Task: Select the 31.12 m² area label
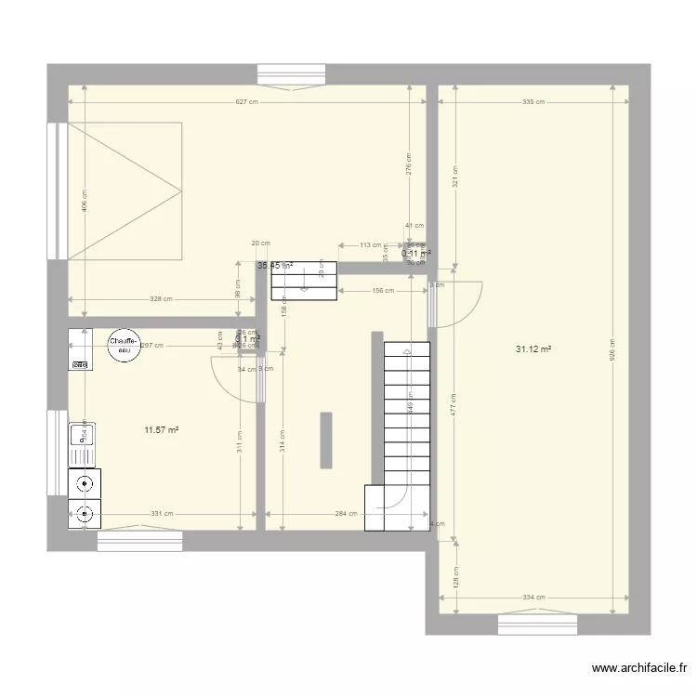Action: (533, 349)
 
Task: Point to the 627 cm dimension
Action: (247, 102)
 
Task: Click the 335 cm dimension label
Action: (533, 102)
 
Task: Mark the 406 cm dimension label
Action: (84, 201)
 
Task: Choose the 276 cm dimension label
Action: (410, 164)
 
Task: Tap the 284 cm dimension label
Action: (347, 513)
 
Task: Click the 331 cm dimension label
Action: (162, 513)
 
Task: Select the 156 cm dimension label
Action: (382, 291)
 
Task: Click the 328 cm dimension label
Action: (162, 299)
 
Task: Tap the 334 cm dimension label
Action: (533, 598)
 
